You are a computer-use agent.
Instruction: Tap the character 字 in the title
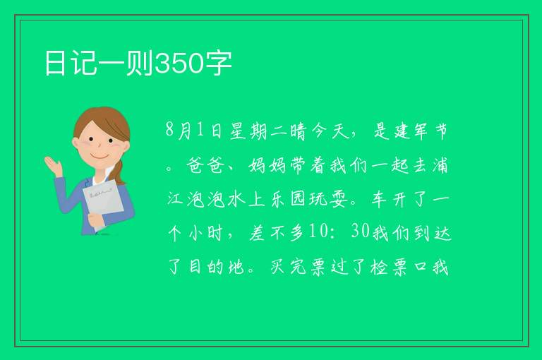219,64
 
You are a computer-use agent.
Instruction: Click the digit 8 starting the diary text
169,130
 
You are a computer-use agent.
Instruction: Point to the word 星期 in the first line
248,131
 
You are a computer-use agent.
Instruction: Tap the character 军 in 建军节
421,131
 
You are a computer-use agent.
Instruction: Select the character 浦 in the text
440,165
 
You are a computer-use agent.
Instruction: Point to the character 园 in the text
298,199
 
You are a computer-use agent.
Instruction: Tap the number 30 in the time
361,231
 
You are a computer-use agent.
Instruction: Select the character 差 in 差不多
257,233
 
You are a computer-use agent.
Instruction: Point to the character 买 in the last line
277,267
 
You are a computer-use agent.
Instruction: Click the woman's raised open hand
53,166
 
